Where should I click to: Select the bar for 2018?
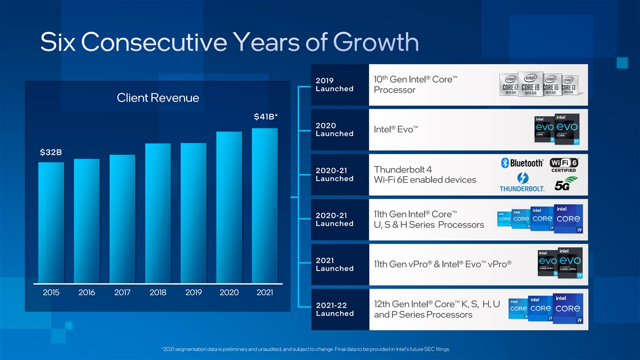pos(158,213)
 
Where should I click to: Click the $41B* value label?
pos(265,117)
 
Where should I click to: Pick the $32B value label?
pos(51,153)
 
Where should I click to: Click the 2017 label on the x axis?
pos(122,292)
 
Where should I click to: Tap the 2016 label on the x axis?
pos(86,292)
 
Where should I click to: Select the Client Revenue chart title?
pos(158,98)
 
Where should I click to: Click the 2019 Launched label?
pos(334,85)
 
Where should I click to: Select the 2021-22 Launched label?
pos(334,309)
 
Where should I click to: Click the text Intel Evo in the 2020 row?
pos(396,130)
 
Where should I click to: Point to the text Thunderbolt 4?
pos(403,170)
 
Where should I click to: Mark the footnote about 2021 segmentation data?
pos(305,349)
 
